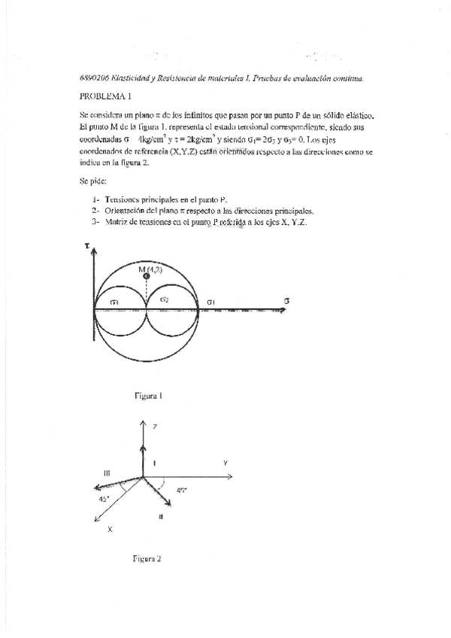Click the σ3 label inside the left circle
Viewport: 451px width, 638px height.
coord(114,302)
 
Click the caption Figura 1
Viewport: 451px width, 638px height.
coord(149,394)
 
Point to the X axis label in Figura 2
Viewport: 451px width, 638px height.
coord(110,529)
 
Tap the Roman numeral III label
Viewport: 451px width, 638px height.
coord(107,472)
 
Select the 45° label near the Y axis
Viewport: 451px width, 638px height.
coord(181,490)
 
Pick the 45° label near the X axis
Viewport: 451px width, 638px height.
coord(102,499)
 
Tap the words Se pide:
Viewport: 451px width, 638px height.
coord(93,181)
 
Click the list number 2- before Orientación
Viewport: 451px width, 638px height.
coord(95,211)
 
